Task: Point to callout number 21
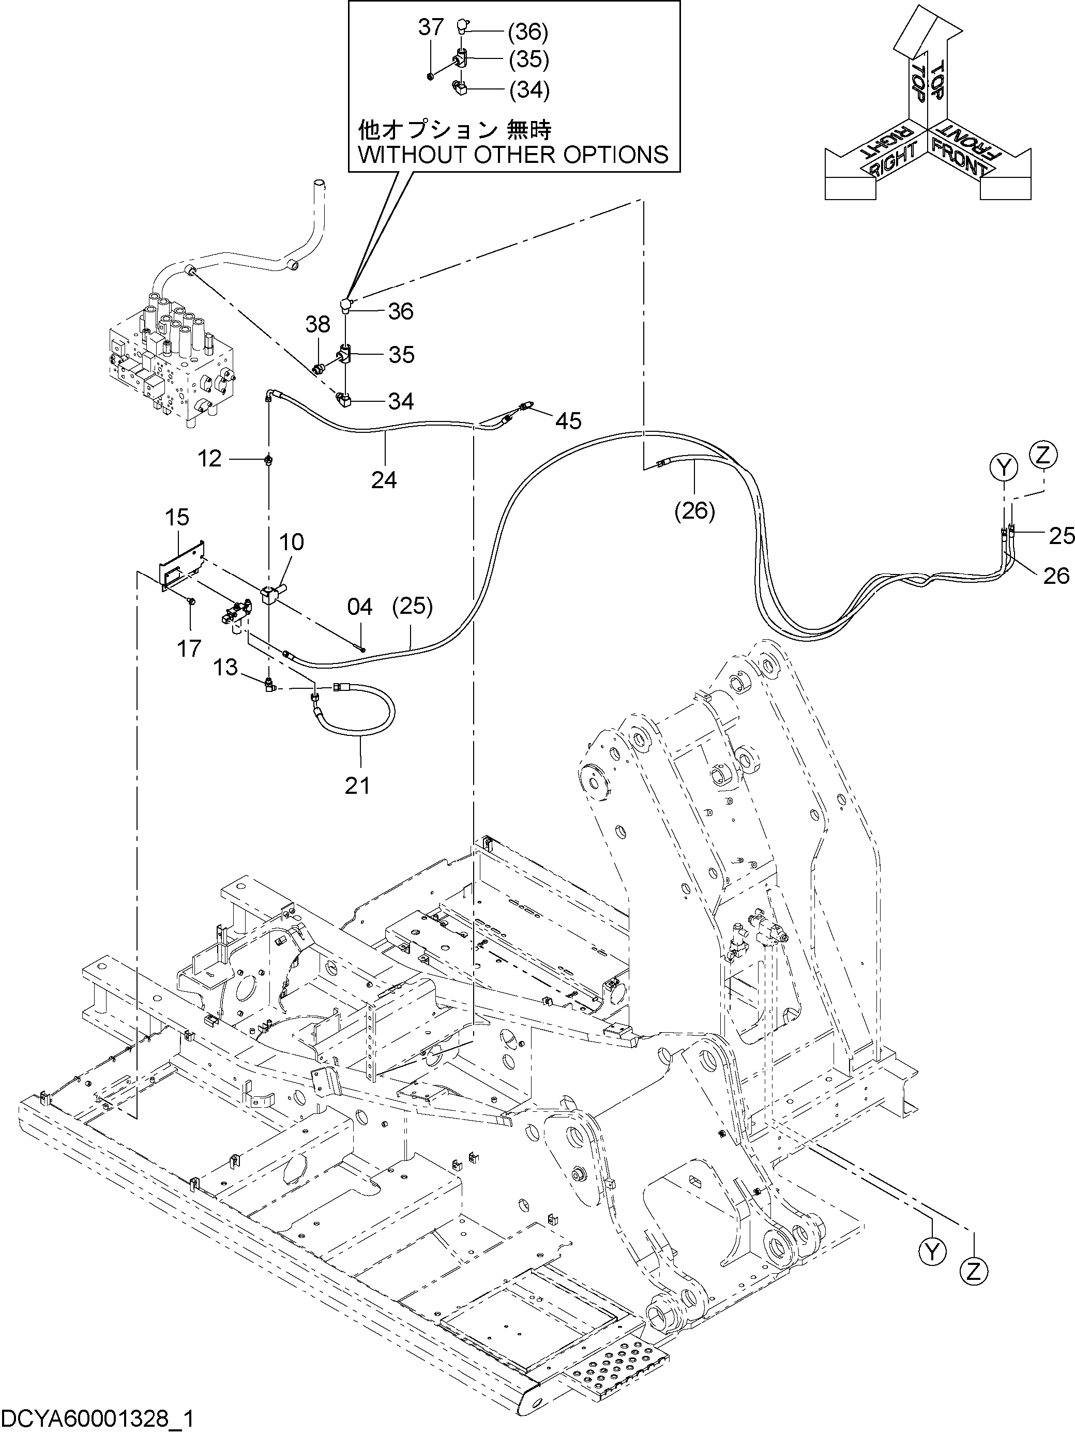click(x=357, y=785)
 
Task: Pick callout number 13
click(x=225, y=667)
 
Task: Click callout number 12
click(x=209, y=459)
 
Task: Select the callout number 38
click(x=317, y=324)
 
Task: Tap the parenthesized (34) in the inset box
click(x=529, y=89)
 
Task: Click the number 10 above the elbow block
click(x=292, y=542)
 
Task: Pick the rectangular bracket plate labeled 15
click(x=182, y=565)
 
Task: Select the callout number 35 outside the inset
click(x=401, y=355)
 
